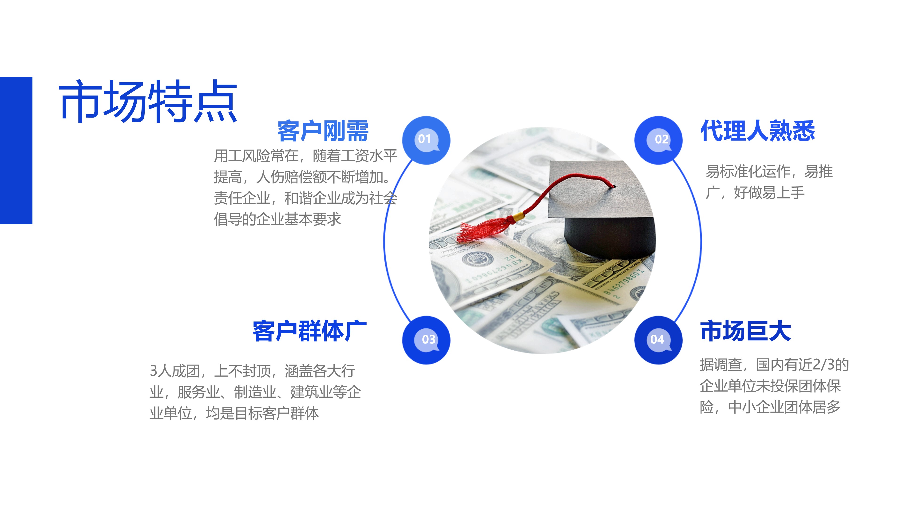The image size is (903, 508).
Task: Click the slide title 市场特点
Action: [x=148, y=101]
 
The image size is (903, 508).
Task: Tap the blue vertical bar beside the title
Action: [x=16, y=151]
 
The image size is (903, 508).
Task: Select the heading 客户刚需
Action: [x=323, y=131]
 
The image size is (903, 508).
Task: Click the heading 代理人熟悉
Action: [x=757, y=131]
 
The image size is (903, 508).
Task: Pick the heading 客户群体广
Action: [x=309, y=331]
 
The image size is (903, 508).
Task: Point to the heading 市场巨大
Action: [x=746, y=331]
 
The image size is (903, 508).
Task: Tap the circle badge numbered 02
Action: [x=658, y=140]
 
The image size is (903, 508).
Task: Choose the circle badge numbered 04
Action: [x=658, y=340]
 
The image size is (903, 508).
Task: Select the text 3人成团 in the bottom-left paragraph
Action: [x=175, y=371]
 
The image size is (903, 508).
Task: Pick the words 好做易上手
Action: [x=769, y=192]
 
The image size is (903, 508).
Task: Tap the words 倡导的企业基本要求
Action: [x=277, y=219]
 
